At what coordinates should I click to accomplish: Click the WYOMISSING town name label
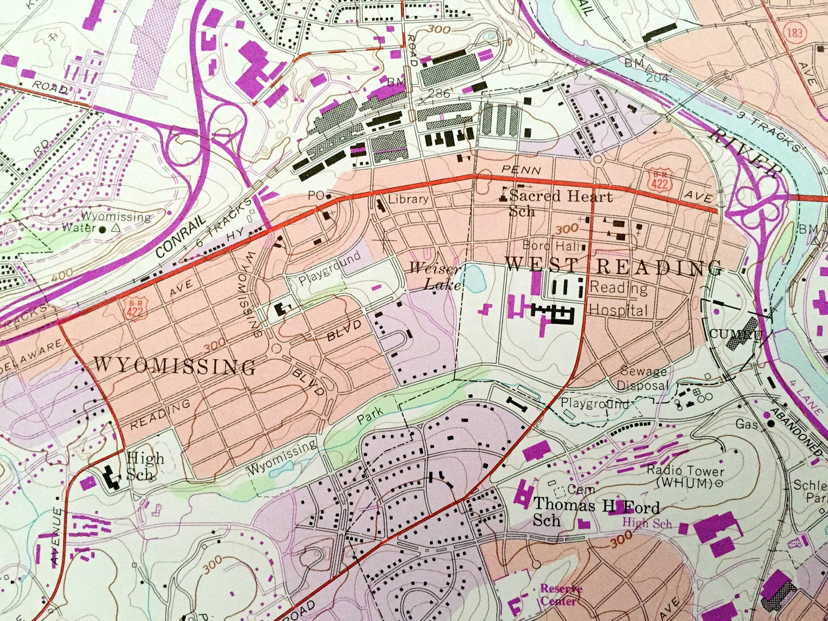coord(174,366)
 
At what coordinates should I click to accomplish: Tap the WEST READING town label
coord(613,266)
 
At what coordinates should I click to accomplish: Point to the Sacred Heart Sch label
coord(559,203)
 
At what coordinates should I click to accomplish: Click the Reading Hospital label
coord(619,299)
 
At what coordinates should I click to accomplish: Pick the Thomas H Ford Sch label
coord(596,512)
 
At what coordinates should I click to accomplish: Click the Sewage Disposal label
coord(642,379)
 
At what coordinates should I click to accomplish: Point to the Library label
coord(408,199)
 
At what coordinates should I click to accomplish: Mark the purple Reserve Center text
coord(560,595)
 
